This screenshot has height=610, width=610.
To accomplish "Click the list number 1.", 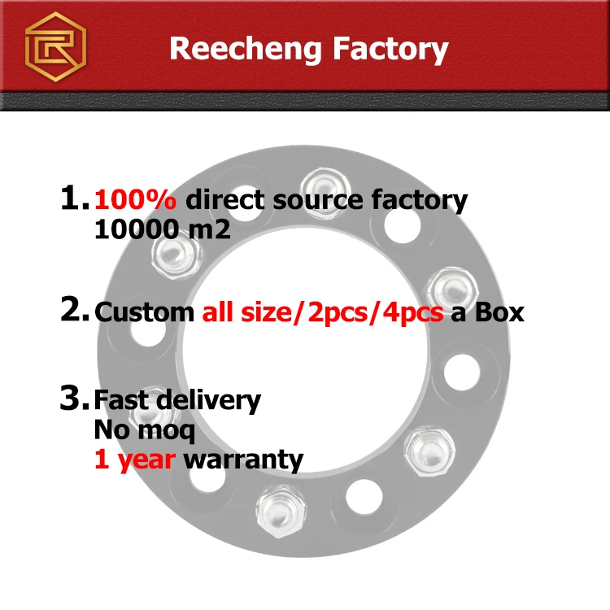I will [x=73, y=198].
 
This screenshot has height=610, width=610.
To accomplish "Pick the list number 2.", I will [x=74, y=310].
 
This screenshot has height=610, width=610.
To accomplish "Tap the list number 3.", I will [x=74, y=399].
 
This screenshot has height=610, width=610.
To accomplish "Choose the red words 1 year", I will [x=134, y=460].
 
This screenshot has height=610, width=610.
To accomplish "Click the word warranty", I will [x=243, y=460].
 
